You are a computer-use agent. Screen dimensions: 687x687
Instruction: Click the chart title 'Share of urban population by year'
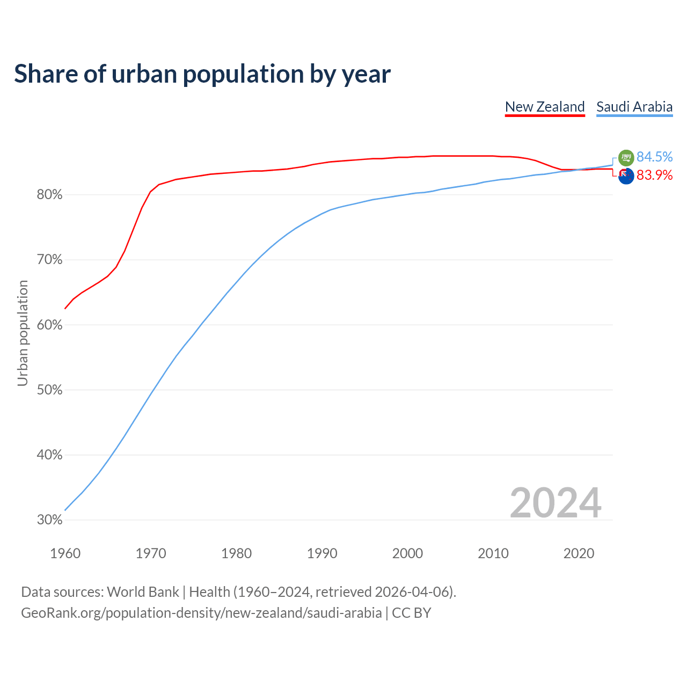pyautogui.click(x=202, y=74)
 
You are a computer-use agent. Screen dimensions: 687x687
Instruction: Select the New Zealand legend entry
pyautogui.click(x=545, y=107)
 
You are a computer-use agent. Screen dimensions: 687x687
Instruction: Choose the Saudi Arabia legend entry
pyautogui.click(x=634, y=107)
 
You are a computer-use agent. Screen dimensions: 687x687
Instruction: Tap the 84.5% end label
pyautogui.click(x=654, y=157)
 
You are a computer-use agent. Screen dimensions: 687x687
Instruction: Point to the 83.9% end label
pyautogui.click(x=654, y=175)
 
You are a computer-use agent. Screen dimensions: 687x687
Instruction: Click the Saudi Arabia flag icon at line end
pyautogui.click(x=626, y=158)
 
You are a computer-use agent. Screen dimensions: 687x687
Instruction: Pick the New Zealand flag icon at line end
pyautogui.click(x=626, y=176)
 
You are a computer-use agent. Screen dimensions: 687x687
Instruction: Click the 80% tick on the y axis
pyautogui.click(x=49, y=195)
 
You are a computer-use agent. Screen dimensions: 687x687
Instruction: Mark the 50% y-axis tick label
pyautogui.click(x=49, y=390)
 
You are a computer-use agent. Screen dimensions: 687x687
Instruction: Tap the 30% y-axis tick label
pyautogui.click(x=49, y=520)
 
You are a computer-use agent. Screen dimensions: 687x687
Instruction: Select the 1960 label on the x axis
pyautogui.click(x=65, y=553)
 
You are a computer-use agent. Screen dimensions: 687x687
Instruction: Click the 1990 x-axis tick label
pyautogui.click(x=322, y=553)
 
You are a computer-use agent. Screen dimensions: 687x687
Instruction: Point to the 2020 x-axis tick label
pyautogui.click(x=579, y=553)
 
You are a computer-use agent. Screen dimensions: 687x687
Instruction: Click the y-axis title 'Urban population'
pyautogui.click(x=23, y=333)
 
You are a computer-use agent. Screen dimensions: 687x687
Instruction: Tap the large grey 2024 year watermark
pyautogui.click(x=555, y=503)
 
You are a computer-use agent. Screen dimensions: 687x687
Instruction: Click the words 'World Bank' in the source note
pyautogui.click(x=143, y=592)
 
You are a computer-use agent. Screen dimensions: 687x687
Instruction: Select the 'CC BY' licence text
pyautogui.click(x=412, y=613)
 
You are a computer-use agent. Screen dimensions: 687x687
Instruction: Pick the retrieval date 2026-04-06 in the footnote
pyautogui.click(x=411, y=592)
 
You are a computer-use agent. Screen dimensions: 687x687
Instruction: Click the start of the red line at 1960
pyautogui.click(x=65, y=308)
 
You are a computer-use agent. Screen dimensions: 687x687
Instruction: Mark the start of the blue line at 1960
pyautogui.click(x=65, y=510)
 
